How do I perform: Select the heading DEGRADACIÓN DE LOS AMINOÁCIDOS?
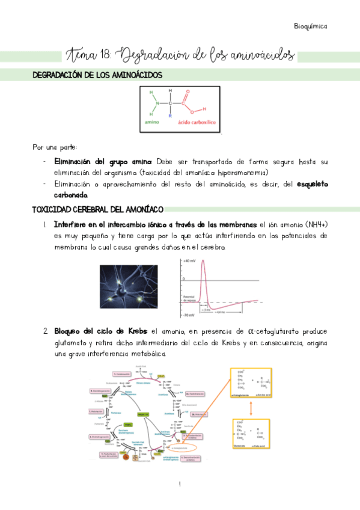pos(96,75)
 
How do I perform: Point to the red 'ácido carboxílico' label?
pos(198,123)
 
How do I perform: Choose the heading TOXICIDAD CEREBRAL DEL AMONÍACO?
pos(97,209)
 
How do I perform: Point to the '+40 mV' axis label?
pos(190,261)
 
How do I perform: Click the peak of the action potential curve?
pos(204,260)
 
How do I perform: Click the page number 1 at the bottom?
pos(180,484)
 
